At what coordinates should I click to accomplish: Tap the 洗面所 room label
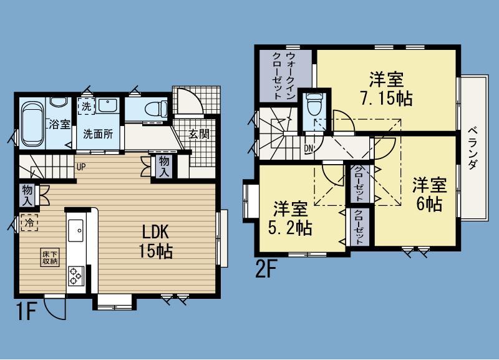98,134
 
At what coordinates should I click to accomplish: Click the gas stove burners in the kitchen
77,275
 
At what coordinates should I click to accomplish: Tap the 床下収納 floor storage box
51,258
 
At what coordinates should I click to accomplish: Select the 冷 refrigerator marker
29,221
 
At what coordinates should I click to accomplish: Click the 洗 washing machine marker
87,105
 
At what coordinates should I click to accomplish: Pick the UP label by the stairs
81,167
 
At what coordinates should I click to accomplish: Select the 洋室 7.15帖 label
385,88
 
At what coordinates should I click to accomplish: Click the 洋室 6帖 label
429,193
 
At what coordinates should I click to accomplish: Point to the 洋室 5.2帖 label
292,217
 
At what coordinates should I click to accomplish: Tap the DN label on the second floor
309,148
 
